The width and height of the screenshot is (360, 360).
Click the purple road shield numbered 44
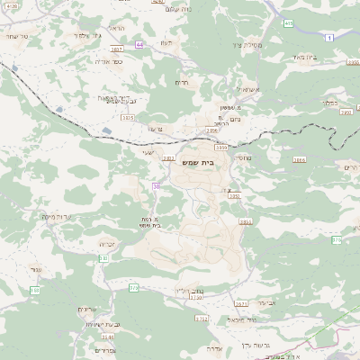(139, 43)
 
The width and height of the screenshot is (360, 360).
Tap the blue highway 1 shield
(330, 37)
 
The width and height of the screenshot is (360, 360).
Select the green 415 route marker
(288, 23)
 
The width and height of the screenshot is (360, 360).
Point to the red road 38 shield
(156, 186)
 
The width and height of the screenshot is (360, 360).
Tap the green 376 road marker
(337, 240)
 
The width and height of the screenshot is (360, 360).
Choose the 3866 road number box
(299, 159)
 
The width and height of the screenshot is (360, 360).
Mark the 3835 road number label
(127, 117)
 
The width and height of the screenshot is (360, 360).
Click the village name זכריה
(108, 243)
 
